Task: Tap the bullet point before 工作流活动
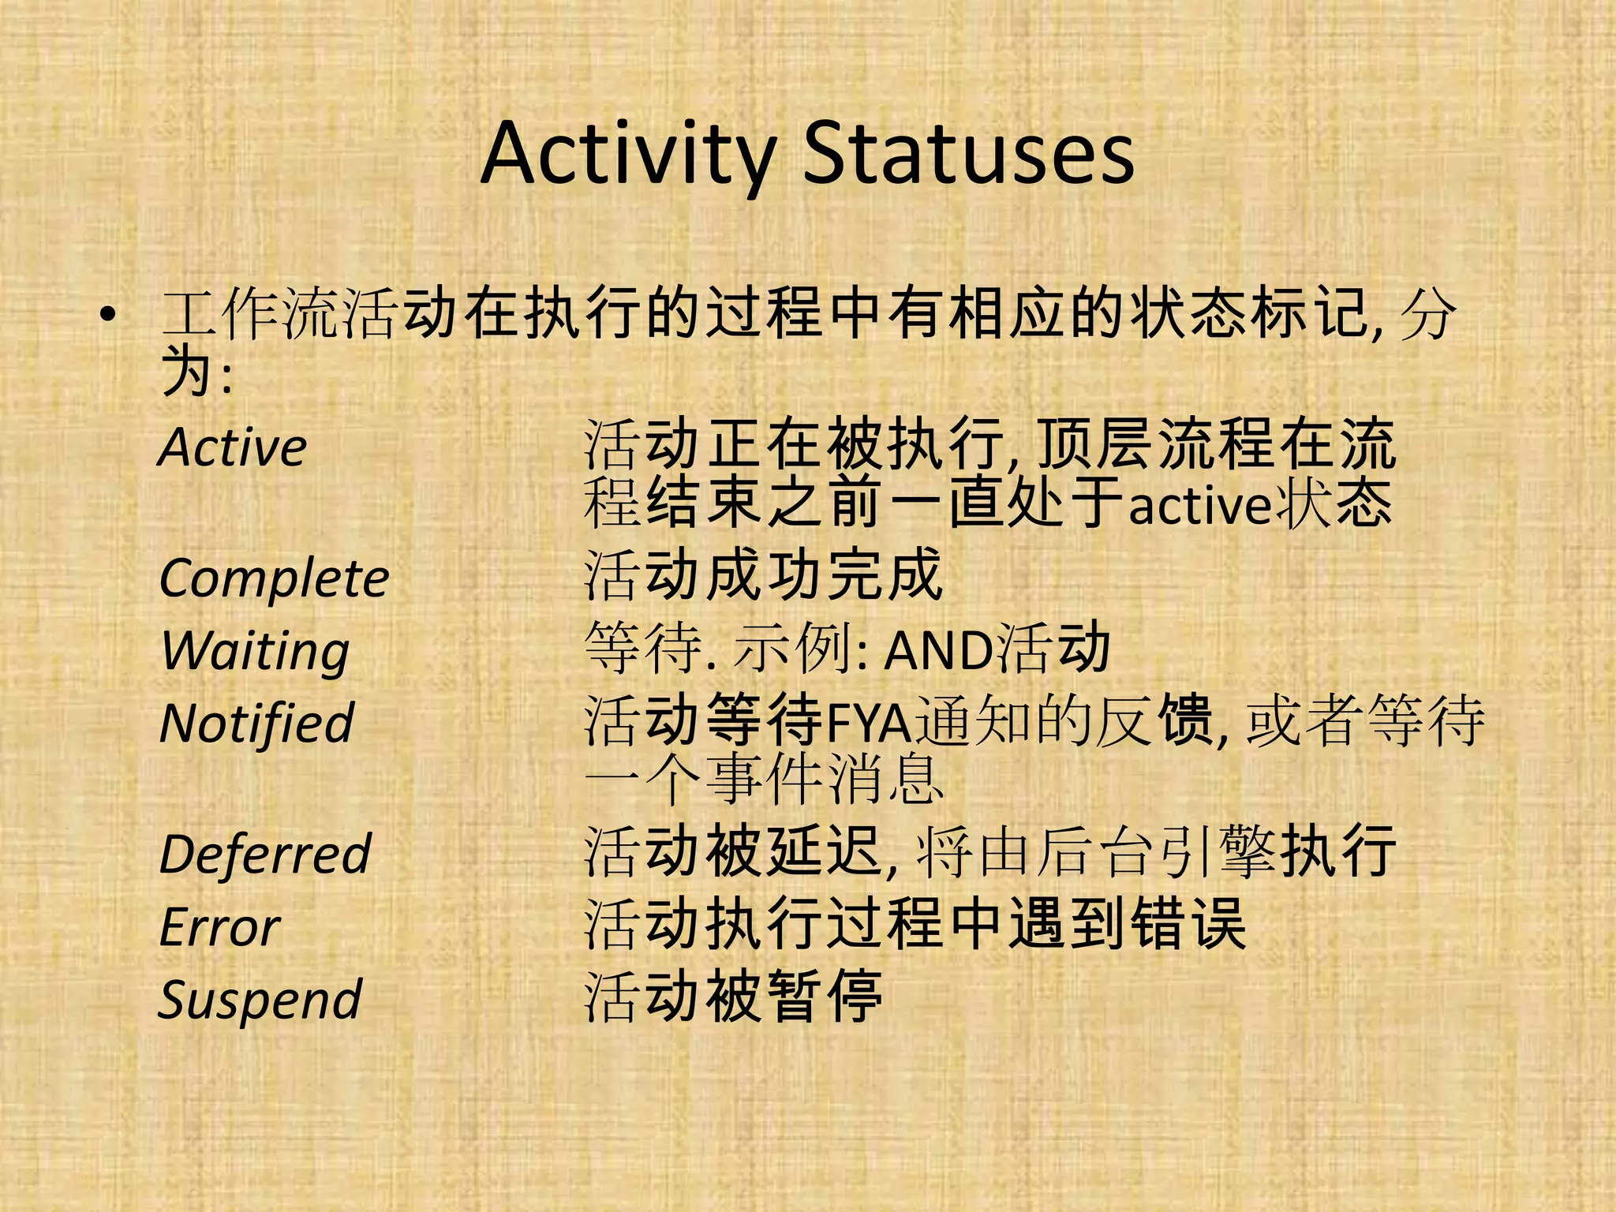108,316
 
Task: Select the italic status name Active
233,447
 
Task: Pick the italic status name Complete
274,578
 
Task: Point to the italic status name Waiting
255,651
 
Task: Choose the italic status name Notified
256,723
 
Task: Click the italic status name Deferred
265,854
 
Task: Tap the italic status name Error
219,926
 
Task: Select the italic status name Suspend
260,999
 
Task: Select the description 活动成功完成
763,575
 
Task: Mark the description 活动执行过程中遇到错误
915,924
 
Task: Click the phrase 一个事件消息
763,780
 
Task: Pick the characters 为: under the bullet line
196,373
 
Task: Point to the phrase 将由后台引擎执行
1156,852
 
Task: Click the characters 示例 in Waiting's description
794,649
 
